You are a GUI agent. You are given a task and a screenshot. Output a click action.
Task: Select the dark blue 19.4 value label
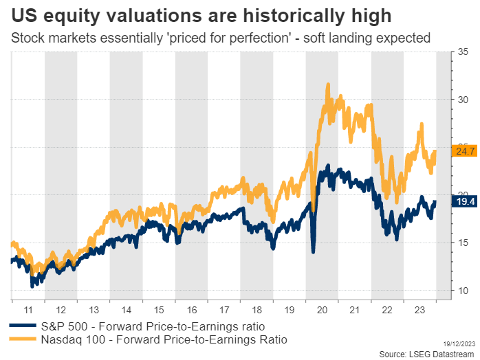coord(461,201)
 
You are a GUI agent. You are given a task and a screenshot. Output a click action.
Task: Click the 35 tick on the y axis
coord(463,52)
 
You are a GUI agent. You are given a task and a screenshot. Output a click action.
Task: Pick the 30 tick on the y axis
coord(463,100)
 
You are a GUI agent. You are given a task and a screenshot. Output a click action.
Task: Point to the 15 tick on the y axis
coord(463,243)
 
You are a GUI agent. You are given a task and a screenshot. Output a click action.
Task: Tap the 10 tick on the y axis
coord(463,291)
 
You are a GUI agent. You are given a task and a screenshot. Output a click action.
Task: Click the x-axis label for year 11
coord(28,310)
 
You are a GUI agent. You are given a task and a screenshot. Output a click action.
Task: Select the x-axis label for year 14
coord(126,310)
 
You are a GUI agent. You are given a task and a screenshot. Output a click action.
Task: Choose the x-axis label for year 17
coord(224,310)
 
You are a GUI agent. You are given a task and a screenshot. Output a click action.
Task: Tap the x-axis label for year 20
coord(323,310)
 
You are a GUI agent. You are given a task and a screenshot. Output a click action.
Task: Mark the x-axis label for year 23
coord(420,310)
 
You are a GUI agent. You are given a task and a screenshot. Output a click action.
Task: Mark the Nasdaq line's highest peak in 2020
coord(328,85)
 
